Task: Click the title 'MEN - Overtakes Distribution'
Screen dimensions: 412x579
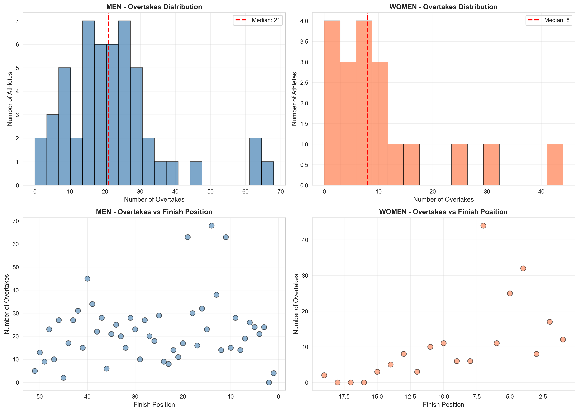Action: pyautogui.click(x=154, y=7)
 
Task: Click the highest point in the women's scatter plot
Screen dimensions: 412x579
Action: pyautogui.click(x=483, y=226)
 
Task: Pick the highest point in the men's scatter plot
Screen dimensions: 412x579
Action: pyautogui.click(x=211, y=226)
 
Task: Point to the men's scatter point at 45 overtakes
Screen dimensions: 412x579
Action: pyautogui.click(x=87, y=279)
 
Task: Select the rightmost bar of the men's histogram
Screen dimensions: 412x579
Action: pyautogui.click(x=267, y=174)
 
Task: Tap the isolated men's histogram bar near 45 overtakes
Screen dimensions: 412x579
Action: pyautogui.click(x=196, y=174)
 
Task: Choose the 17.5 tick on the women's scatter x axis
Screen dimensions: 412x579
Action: pyautogui.click(x=344, y=397)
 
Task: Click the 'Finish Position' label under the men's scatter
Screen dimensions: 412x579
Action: pyautogui.click(x=154, y=404)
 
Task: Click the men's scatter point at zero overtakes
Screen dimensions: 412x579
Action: pyautogui.click(x=269, y=382)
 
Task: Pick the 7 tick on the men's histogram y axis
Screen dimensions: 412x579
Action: pyautogui.click(x=17, y=21)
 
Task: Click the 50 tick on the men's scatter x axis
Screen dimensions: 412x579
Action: pyautogui.click(x=40, y=397)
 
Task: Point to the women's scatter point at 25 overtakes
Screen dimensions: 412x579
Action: pyautogui.click(x=510, y=293)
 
